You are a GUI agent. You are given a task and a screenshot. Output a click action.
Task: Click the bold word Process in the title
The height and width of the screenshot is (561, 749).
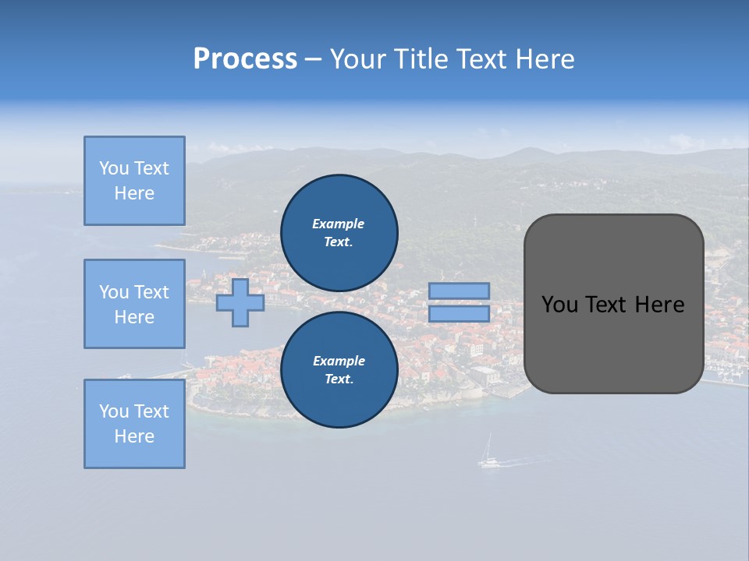coord(245,59)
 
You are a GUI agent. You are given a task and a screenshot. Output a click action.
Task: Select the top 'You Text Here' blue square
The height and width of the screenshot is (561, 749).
coord(134,181)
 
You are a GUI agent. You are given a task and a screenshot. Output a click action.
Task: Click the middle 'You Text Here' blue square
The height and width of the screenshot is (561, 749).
coord(134,304)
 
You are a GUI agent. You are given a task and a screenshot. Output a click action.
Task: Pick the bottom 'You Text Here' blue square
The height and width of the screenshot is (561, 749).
coord(134,424)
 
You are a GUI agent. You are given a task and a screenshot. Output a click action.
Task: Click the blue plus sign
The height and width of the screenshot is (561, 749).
coord(240,303)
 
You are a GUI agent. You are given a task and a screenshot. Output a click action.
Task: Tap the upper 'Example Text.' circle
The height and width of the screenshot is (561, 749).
coord(339,233)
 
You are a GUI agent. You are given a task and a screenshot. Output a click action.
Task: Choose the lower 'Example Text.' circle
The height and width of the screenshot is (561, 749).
coord(339,370)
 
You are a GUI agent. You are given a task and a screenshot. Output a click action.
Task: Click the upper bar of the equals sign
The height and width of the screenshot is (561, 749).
coord(459,291)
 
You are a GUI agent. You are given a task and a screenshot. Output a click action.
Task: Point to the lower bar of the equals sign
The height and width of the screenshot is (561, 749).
coord(459,314)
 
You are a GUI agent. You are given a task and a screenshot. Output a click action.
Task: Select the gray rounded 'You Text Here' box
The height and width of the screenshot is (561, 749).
coord(613,304)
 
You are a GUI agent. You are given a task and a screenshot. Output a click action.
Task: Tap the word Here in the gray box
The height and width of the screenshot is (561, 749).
coord(659,305)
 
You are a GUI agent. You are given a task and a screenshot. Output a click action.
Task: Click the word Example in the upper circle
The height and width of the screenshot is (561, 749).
coord(339,224)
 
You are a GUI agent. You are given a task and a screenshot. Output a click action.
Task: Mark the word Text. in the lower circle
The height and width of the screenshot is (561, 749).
coord(339,379)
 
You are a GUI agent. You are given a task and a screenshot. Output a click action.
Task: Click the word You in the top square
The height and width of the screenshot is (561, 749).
coord(112,168)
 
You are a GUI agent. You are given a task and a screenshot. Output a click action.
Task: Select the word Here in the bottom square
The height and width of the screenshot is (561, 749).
coord(134,436)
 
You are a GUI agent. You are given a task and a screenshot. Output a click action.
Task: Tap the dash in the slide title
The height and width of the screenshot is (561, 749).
coord(313,59)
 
